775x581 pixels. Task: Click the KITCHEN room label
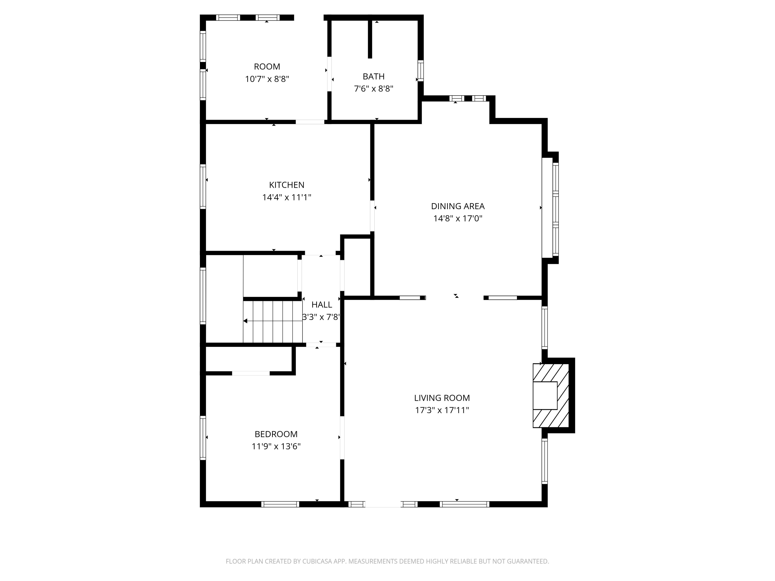pos(286,185)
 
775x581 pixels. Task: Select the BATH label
pos(374,76)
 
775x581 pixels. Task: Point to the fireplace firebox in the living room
pos(545,395)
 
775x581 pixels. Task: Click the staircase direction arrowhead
pos(245,321)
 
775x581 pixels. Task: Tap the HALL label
pos(321,305)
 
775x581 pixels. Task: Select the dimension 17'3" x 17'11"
pos(442,410)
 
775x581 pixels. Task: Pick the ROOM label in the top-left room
pos(267,67)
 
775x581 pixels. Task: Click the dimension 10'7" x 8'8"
pos(267,79)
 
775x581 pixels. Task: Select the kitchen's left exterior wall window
pos(203,187)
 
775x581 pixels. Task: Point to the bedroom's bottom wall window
pos(280,504)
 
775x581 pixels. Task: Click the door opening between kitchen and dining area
pos(372,216)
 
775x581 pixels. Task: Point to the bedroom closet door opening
pos(251,373)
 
